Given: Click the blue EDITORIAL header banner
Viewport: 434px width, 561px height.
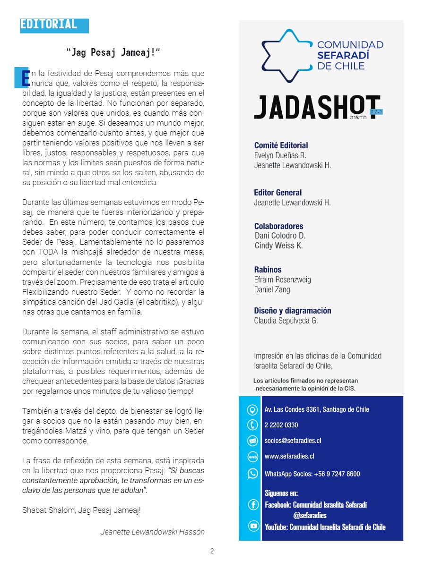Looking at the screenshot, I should [54, 25].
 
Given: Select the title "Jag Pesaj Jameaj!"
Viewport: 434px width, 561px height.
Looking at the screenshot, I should [114, 52].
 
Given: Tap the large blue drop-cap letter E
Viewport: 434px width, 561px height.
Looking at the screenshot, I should [22, 77].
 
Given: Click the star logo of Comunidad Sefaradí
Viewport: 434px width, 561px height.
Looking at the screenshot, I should [286, 56].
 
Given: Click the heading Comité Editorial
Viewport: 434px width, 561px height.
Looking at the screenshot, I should [281, 145].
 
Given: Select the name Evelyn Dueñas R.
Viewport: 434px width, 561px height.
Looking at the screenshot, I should [280, 155].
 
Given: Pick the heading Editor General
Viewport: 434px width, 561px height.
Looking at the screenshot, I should [278, 193].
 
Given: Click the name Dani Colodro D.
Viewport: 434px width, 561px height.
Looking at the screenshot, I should [280, 236].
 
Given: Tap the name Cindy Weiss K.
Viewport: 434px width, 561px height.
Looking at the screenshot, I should [278, 246].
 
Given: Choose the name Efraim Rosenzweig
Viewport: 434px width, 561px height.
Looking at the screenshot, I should [282, 280].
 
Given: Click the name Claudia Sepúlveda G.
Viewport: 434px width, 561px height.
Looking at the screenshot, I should [286, 321].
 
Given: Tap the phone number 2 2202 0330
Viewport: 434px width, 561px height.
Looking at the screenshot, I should [281, 425].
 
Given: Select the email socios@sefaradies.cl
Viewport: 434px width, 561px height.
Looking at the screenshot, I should [293, 441].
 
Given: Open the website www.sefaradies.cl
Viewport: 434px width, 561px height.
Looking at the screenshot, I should [289, 457].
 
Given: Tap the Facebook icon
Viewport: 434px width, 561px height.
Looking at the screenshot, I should [253, 505].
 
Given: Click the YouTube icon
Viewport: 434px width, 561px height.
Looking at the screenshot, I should [253, 527].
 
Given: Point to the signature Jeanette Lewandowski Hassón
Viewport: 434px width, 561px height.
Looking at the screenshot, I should [152, 532].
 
